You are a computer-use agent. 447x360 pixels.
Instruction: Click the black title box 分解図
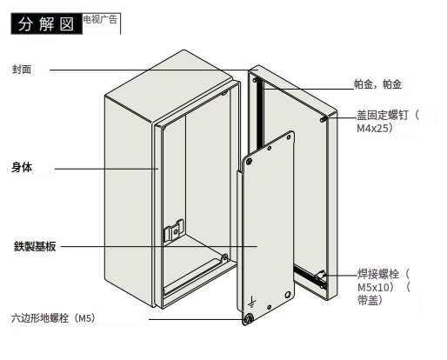[x=47, y=23]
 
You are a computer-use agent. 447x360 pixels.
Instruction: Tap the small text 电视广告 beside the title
[x=100, y=19]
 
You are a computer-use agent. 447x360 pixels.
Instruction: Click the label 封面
[x=22, y=70]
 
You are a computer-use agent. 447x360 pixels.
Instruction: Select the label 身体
[x=22, y=167]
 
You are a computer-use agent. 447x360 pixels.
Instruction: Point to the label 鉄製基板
[x=35, y=246]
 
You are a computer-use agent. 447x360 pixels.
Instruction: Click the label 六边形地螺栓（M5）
[x=53, y=318]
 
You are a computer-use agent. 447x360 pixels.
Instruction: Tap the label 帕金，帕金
[x=377, y=84]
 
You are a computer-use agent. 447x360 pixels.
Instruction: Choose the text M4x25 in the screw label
[x=372, y=128]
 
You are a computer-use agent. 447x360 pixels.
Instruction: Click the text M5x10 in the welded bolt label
[x=373, y=287]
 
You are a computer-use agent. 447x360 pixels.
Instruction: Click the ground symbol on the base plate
[x=252, y=302]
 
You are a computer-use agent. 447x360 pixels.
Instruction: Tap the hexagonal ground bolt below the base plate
[x=248, y=319]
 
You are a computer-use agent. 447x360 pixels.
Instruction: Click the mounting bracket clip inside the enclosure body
[x=174, y=230]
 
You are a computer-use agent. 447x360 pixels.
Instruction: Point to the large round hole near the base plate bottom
[x=288, y=295]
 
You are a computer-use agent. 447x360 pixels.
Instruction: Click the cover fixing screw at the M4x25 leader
[x=324, y=119]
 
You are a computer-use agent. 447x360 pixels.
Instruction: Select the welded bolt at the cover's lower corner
[x=321, y=278]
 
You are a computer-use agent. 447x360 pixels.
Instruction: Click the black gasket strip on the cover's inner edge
[x=259, y=114]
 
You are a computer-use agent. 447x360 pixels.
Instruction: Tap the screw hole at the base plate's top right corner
[x=289, y=137]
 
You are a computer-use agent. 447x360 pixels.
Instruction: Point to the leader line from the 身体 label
[x=107, y=169]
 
